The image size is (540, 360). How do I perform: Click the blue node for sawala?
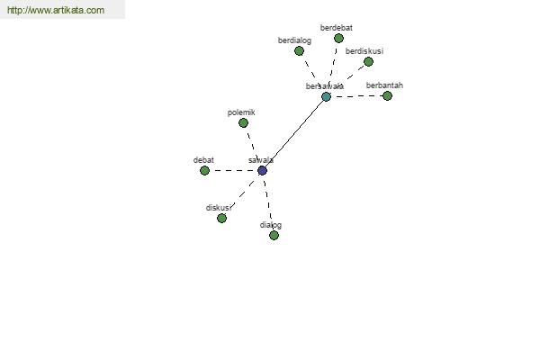click(x=263, y=170)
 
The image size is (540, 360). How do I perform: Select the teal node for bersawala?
click(x=326, y=97)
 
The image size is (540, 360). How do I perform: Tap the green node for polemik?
click(x=244, y=122)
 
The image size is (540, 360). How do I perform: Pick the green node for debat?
click(x=204, y=170)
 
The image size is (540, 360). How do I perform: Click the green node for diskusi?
click(x=221, y=218)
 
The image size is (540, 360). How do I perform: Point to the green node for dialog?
click(x=274, y=235)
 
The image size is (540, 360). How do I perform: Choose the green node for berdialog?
click(x=300, y=51)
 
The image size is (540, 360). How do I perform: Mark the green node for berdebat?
click(x=339, y=38)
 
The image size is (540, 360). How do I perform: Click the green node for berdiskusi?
click(x=368, y=62)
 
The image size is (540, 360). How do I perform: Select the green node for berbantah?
click(x=387, y=95)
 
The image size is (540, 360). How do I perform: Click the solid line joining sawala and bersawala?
click(x=294, y=134)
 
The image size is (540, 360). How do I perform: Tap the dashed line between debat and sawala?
click(x=233, y=170)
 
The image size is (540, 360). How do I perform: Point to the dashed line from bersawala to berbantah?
click(x=356, y=96)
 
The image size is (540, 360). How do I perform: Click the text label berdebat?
click(x=337, y=28)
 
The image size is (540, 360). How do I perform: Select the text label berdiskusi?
click(x=364, y=51)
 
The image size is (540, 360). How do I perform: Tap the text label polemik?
click(x=241, y=112)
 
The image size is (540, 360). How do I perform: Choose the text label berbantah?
click(x=384, y=85)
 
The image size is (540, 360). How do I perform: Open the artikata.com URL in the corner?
click(x=56, y=10)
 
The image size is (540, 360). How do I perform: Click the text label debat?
click(x=203, y=160)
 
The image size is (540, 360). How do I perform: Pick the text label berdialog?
click(x=295, y=40)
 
